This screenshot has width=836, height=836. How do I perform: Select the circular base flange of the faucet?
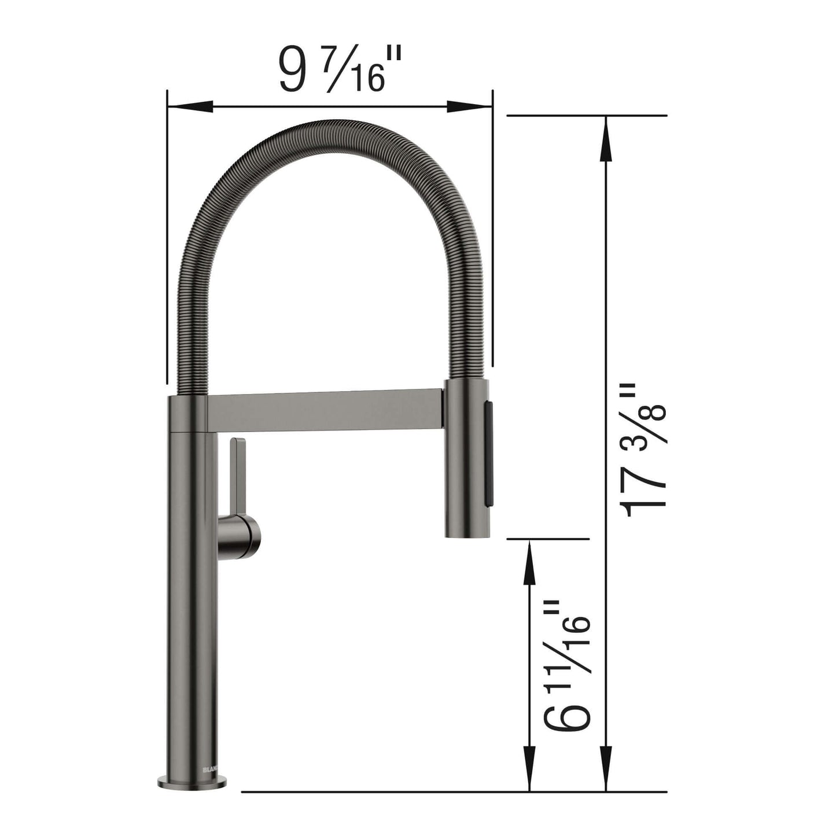(x=191, y=782)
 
